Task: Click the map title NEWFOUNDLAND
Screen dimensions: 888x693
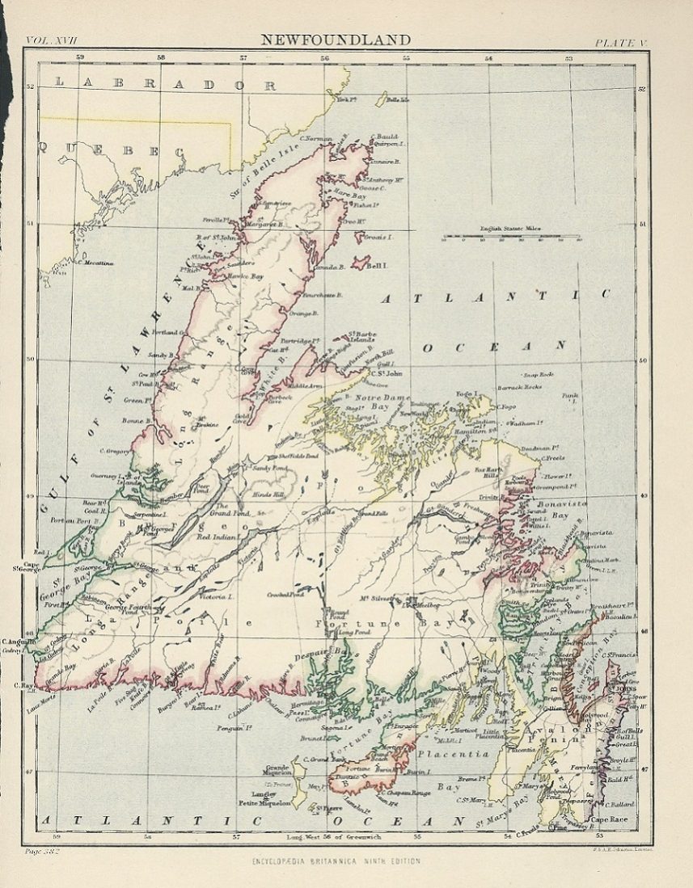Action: [x=335, y=40]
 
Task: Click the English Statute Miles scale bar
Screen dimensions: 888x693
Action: [x=510, y=238]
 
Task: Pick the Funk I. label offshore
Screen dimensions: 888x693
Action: [x=571, y=397]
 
